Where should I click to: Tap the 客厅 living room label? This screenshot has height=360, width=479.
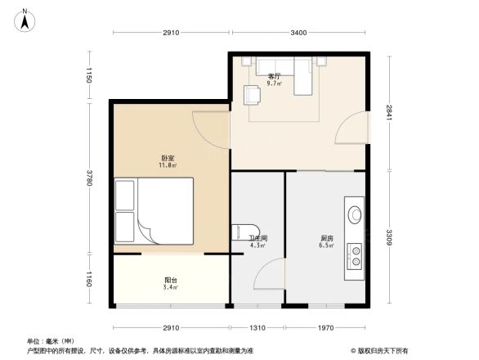pyautogui.click(x=274, y=77)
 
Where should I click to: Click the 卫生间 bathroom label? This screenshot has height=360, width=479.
pyautogui.click(x=258, y=239)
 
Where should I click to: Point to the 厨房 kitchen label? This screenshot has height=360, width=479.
pyautogui.click(x=325, y=239)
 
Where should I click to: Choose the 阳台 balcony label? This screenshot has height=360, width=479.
pyautogui.click(x=170, y=281)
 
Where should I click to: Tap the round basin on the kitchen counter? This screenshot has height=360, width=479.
pyautogui.click(x=356, y=214)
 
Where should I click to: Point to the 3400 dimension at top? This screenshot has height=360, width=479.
pyautogui.click(x=298, y=33)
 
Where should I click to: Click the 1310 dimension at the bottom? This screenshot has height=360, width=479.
pyautogui.click(x=257, y=327)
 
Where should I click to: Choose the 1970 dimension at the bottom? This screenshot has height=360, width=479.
pyautogui.click(x=325, y=327)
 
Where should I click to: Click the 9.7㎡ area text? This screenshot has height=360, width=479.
pyautogui.click(x=275, y=83)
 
